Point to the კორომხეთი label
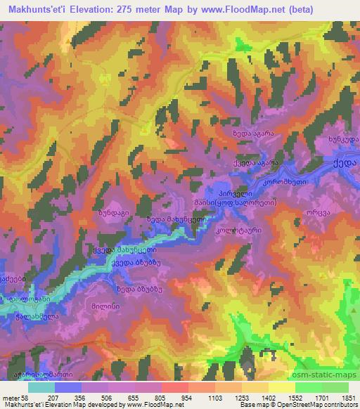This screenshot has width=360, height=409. tap(285, 181)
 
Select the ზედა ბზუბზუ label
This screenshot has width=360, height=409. tap(135, 287)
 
